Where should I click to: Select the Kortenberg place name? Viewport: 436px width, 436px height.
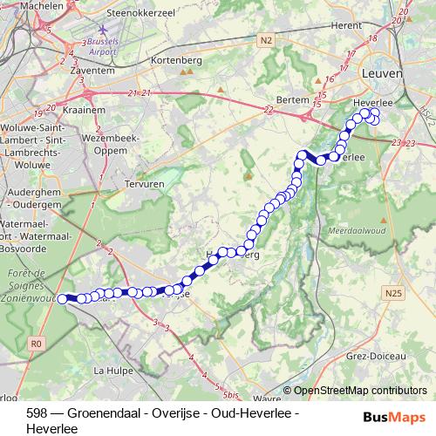coord(176,59)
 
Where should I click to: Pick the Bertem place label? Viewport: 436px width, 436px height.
coord(293,99)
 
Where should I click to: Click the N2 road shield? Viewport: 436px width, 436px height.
coord(267,39)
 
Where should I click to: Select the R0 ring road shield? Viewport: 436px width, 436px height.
coord(36,344)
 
